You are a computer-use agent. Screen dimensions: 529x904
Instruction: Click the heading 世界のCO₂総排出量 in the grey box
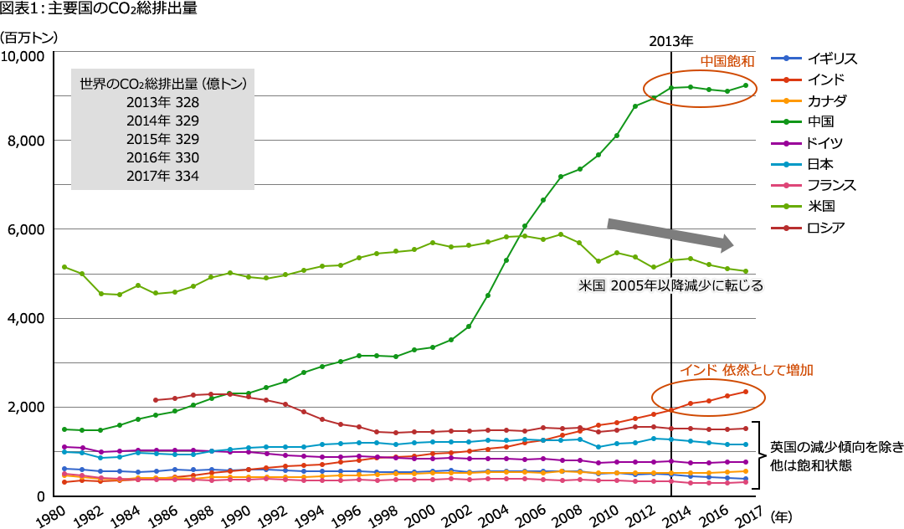[162, 84]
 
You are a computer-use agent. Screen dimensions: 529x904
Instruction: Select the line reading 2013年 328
[162, 102]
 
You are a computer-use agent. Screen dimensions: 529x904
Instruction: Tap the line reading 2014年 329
[162, 121]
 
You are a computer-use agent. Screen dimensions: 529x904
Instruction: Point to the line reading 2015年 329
[162, 139]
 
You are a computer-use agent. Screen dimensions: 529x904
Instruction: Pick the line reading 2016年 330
[162, 157]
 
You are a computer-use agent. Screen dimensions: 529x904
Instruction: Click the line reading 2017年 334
[162, 176]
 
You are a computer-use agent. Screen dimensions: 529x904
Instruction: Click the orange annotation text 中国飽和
[727, 61]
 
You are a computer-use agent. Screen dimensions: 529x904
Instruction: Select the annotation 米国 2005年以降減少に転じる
[670, 285]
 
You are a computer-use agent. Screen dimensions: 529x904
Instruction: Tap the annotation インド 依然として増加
[747, 369]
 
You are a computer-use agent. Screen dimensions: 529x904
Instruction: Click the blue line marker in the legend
[786, 59]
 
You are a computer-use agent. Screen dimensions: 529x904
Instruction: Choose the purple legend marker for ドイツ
[786, 143]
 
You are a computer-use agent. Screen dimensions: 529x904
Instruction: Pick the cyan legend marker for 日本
[786, 164]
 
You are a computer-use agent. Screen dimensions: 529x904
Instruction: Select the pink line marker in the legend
[786, 185]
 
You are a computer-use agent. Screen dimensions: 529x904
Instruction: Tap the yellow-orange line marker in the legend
[786, 100]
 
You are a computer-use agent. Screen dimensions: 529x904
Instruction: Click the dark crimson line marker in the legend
[786, 227]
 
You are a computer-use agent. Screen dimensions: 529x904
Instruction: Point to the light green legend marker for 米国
[786, 206]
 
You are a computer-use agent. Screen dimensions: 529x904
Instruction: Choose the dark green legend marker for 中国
[786, 121]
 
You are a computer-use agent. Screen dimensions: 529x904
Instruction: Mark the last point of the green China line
[745, 85]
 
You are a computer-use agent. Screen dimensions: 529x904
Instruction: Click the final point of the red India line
[745, 391]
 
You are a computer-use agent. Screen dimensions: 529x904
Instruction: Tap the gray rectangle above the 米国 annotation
[665, 233]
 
